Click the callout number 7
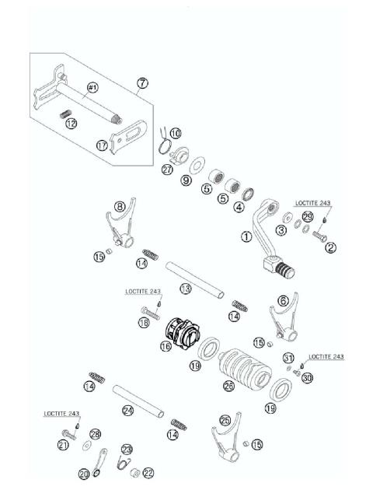[x=141, y=82]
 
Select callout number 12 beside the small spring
[x=71, y=123]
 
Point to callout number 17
[x=103, y=145]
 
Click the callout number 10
[x=175, y=133]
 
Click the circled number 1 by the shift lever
[x=246, y=236]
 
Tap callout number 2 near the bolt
[x=330, y=248]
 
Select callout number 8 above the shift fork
[x=120, y=207]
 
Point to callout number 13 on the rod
[x=185, y=289]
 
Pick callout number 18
[x=145, y=320]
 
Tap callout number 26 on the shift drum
[x=228, y=386]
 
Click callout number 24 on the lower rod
[x=128, y=410]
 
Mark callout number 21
[x=63, y=445]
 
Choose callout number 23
[x=126, y=450]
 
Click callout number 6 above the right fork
[x=284, y=299]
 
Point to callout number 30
[x=307, y=378]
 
